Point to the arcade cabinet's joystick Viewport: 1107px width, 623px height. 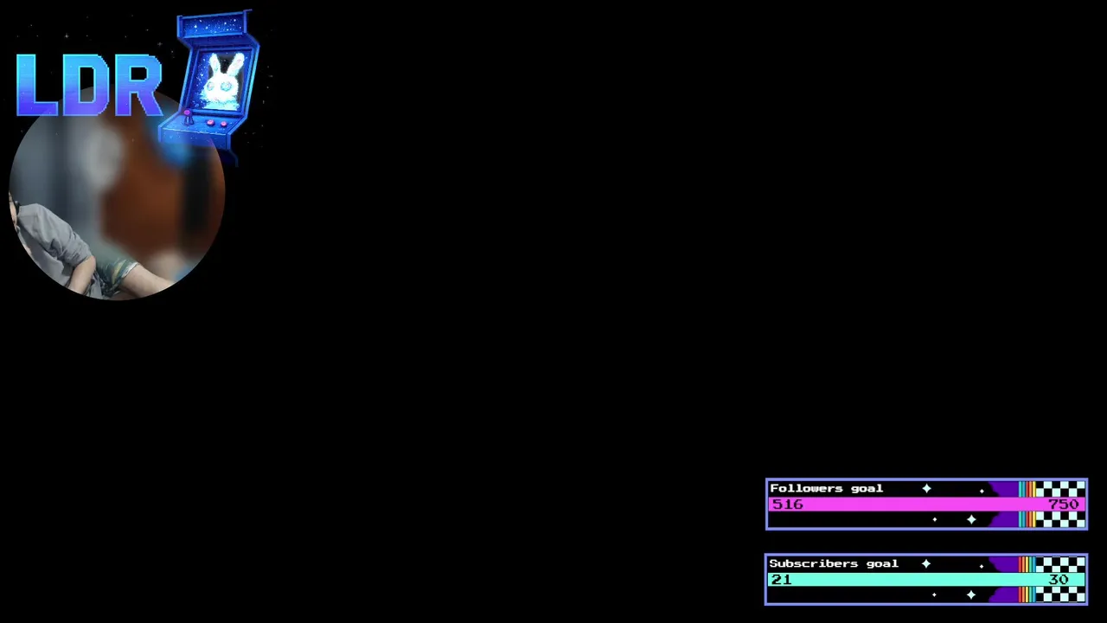point(188,116)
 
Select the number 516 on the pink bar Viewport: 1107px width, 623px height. point(787,504)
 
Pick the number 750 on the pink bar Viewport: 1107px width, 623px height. point(1064,504)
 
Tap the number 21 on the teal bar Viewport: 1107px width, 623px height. point(781,580)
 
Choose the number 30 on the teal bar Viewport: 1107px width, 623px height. point(1059,580)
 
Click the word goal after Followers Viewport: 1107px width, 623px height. point(867,488)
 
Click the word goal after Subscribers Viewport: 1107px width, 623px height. point(882,563)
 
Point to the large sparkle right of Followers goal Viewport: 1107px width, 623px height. point(926,489)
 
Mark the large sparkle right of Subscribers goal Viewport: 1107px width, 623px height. point(926,563)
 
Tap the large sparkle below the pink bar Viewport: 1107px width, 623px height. point(971,519)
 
